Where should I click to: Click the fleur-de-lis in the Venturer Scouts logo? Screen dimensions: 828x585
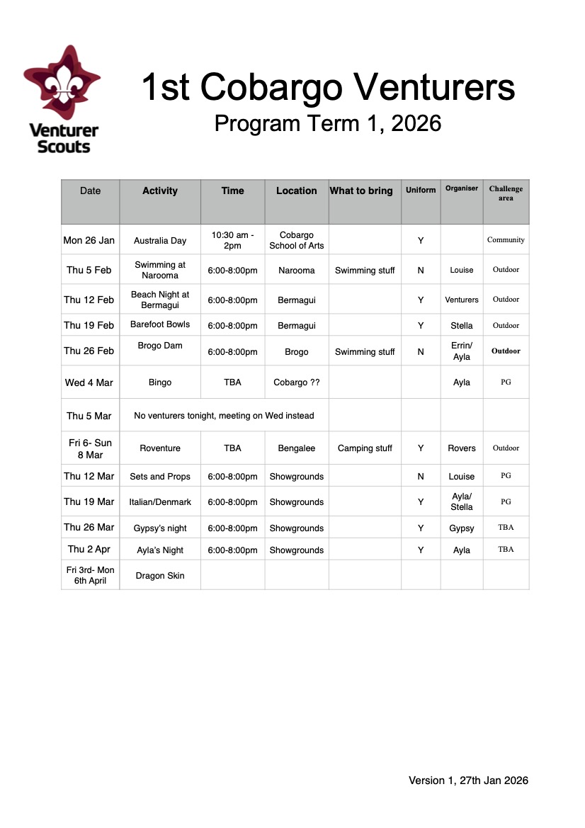pyautogui.click(x=62, y=84)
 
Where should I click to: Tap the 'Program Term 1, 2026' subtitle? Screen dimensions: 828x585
pyautogui.click(x=327, y=123)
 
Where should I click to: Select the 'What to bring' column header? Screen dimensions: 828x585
pyautogui.click(x=361, y=191)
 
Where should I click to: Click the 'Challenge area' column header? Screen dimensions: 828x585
pyautogui.click(x=506, y=193)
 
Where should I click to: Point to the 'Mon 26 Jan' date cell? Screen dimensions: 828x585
pyautogui.click(x=89, y=240)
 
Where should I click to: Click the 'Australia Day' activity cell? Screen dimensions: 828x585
pyautogui.click(x=160, y=241)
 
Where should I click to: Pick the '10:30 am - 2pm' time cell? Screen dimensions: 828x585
pyautogui.click(x=232, y=240)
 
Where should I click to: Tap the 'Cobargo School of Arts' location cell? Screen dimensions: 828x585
pyautogui.click(x=297, y=240)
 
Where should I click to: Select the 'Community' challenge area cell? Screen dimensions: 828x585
pyautogui.click(x=506, y=240)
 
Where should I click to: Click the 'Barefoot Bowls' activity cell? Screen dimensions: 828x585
pyautogui.click(x=160, y=324)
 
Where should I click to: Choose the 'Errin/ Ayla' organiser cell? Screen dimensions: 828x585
pyautogui.click(x=462, y=351)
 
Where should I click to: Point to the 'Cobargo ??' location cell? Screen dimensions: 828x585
pyautogui.click(x=297, y=382)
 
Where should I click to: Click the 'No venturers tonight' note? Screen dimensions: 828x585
pyautogui.click(x=224, y=416)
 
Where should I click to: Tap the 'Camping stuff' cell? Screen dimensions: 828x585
pyautogui.click(x=365, y=448)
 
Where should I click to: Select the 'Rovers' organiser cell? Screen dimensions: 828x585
pyautogui.click(x=462, y=448)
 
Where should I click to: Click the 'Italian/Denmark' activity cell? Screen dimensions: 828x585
pyautogui.click(x=160, y=502)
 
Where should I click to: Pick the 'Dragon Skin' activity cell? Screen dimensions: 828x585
pyautogui.click(x=160, y=576)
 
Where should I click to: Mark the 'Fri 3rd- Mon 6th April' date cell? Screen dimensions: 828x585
pyautogui.click(x=90, y=575)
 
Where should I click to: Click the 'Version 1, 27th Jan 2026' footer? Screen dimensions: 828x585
pyautogui.click(x=468, y=781)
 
